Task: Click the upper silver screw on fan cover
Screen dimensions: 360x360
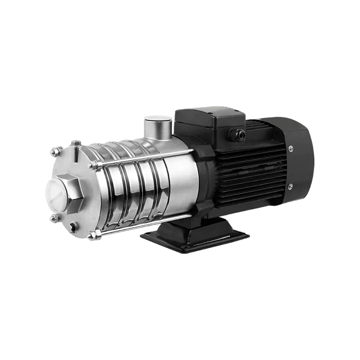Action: tap(290, 148)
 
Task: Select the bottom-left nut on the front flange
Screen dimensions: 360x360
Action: tap(55, 219)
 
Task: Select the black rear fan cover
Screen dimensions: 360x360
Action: tap(299, 166)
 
